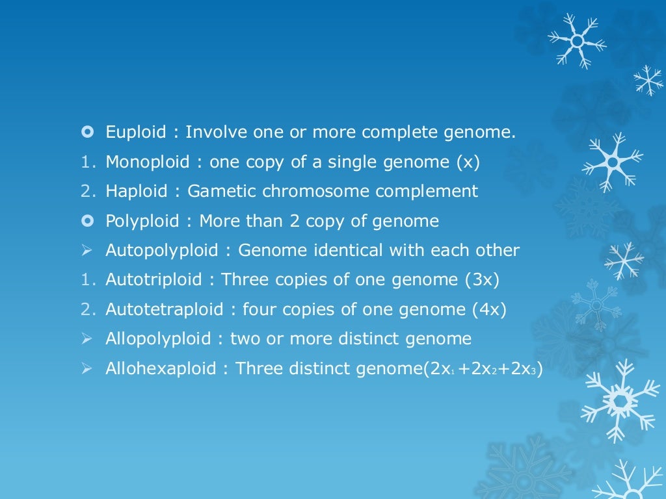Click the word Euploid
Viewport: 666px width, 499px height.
coord(136,133)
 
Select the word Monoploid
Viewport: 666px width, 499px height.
coord(148,162)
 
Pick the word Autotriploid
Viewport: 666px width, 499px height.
coord(152,280)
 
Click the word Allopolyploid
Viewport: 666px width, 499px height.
coord(158,339)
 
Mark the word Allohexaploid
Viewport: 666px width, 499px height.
coord(161,368)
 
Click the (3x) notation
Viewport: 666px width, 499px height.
coord(483,280)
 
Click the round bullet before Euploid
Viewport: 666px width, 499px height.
coord(87,133)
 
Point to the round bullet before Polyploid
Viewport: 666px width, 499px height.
coord(87,221)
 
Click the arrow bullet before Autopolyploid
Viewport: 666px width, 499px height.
coord(87,251)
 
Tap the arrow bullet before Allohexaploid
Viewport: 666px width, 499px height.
coord(87,368)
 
